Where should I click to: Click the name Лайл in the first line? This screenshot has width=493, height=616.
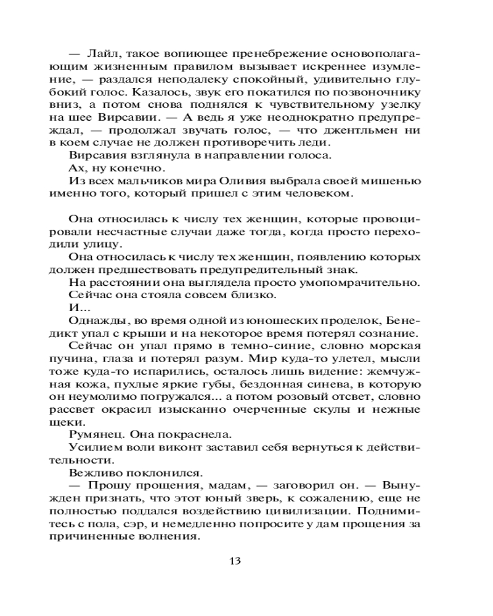(101, 54)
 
